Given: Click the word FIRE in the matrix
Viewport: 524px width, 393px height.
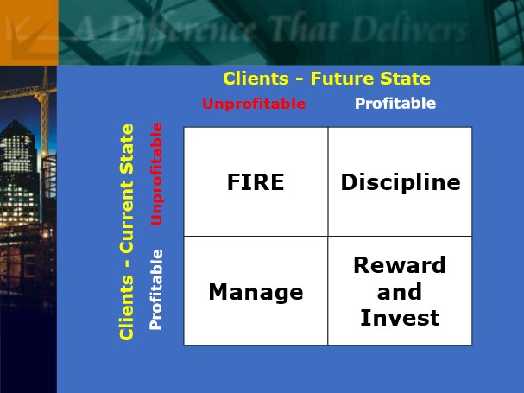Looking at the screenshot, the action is click(256, 182).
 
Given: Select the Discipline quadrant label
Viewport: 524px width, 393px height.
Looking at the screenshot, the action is click(401, 182).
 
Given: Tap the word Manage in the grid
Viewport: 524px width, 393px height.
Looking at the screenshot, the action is click(256, 292).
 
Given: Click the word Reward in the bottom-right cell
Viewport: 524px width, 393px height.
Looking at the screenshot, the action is click(400, 265).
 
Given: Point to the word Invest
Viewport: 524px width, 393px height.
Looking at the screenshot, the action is click(400, 317).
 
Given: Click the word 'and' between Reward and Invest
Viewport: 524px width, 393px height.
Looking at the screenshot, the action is click(400, 291).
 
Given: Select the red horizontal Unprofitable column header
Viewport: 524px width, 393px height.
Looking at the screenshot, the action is click(254, 104).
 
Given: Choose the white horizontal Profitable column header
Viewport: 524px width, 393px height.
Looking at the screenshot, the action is click(395, 104).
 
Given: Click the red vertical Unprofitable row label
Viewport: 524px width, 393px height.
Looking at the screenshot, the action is click(156, 174).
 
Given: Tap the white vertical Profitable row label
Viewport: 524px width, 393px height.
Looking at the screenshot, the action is click(155, 289).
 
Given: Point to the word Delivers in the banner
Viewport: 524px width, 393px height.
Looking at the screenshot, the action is click(410, 29).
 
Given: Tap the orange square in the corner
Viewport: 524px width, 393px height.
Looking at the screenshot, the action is click(29, 33).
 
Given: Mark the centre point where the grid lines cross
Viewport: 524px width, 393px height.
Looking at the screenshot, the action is click(328, 236).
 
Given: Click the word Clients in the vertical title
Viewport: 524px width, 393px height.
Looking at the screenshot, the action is click(127, 308).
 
